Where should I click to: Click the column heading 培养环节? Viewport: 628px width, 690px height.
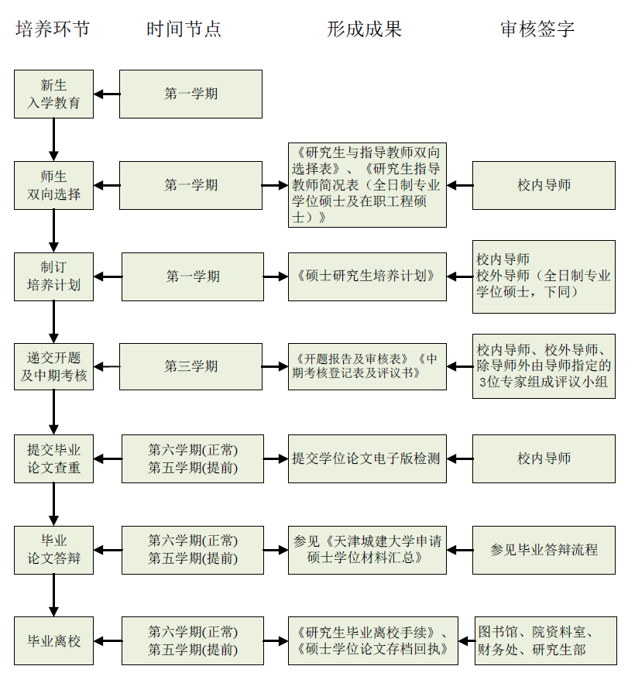(x=53, y=29)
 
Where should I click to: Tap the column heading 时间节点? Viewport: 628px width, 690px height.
(x=184, y=29)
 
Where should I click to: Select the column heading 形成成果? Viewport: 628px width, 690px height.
(x=364, y=29)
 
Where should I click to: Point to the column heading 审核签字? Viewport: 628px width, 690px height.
(x=537, y=29)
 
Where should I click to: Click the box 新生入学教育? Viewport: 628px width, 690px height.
(x=54, y=94)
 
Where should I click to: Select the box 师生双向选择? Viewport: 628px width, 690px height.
(x=54, y=185)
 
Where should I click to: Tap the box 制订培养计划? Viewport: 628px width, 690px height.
(x=54, y=276)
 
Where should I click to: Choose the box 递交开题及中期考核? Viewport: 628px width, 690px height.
(x=54, y=366)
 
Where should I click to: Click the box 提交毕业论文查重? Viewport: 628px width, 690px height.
(x=54, y=458)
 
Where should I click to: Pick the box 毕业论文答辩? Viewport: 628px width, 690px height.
(x=54, y=549)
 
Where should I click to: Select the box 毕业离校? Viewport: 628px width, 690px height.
(x=54, y=640)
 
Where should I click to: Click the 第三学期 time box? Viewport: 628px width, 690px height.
(x=191, y=366)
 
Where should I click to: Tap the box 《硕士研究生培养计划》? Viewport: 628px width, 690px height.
(x=367, y=276)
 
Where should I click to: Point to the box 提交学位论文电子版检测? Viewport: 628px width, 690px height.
(x=367, y=458)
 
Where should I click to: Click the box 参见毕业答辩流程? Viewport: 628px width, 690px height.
(x=544, y=549)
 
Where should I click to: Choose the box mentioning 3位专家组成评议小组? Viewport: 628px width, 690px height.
(x=544, y=366)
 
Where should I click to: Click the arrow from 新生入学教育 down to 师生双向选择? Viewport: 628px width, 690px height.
(x=54, y=139)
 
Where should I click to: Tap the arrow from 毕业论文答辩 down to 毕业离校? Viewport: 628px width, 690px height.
(x=54, y=595)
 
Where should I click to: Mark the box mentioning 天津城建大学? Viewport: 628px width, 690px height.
(x=367, y=549)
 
